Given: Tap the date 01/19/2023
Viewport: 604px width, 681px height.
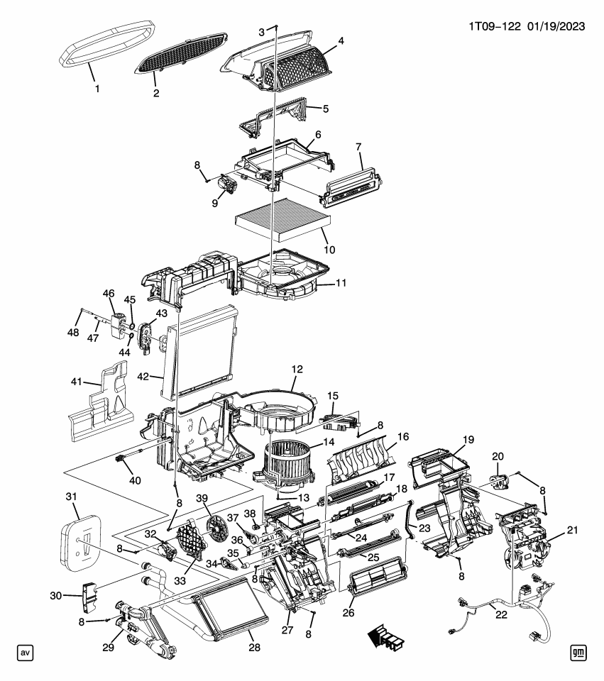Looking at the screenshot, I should pos(556,27).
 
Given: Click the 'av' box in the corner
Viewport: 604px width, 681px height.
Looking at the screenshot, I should pos(25,652).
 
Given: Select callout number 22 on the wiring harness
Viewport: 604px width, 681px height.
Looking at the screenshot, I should pos(502,614).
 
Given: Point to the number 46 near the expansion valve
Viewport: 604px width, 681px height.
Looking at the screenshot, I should pos(109,293).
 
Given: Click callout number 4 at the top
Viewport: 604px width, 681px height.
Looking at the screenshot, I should pos(341,42).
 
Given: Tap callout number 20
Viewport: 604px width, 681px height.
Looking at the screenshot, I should pos(498,458).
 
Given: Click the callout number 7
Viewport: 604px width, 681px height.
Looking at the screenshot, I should pos(359,148).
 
